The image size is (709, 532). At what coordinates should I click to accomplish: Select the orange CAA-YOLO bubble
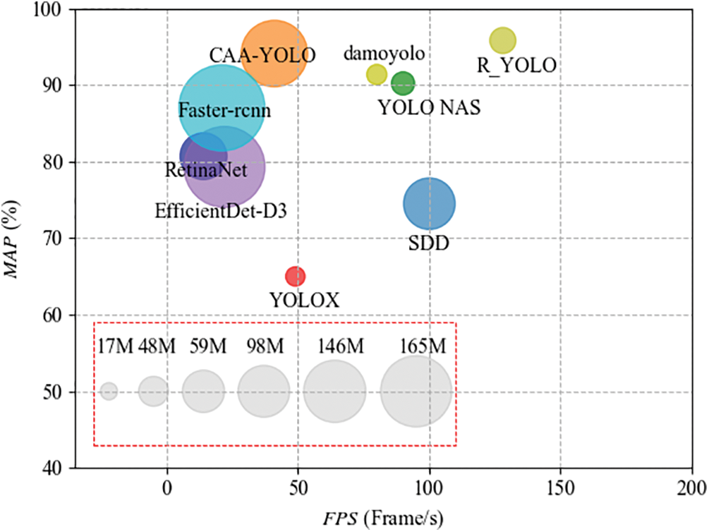(274, 54)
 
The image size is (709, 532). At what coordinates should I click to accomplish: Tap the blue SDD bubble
(429, 204)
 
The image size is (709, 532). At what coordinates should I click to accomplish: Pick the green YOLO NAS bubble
(403, 83)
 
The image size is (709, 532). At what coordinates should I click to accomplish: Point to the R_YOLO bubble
(502, 41)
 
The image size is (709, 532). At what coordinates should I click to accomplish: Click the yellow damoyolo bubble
(377, 74)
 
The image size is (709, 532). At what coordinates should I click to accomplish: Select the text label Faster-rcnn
(225, 111)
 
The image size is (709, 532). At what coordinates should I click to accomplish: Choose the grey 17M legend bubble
(109, 391)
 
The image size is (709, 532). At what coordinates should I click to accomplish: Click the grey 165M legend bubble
(416, 392)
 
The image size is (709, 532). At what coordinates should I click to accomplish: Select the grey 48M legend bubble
(153, 391)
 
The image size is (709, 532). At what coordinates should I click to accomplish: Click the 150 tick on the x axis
(560, 487)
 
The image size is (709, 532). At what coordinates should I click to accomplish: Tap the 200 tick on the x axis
(691, 487)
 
